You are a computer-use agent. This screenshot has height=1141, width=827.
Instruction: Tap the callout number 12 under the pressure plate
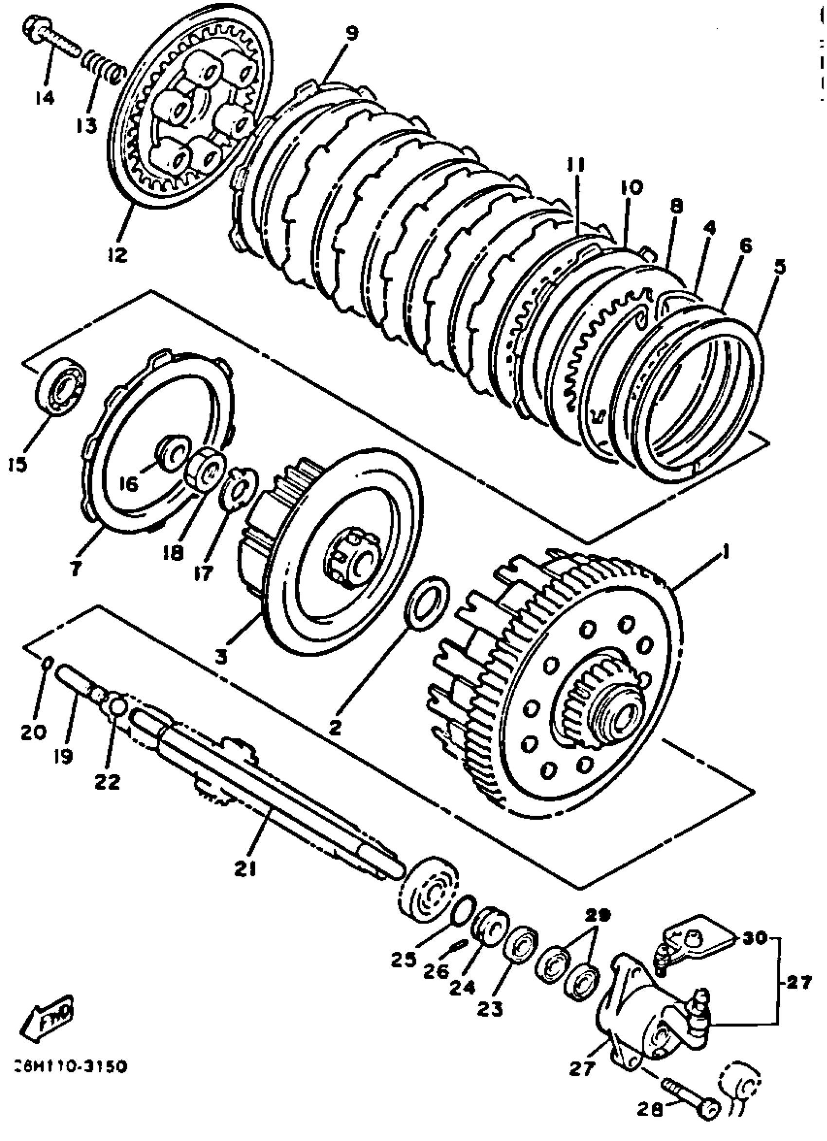coord(117,254)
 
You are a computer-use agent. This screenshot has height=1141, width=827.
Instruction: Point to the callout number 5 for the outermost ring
coord(779,267)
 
